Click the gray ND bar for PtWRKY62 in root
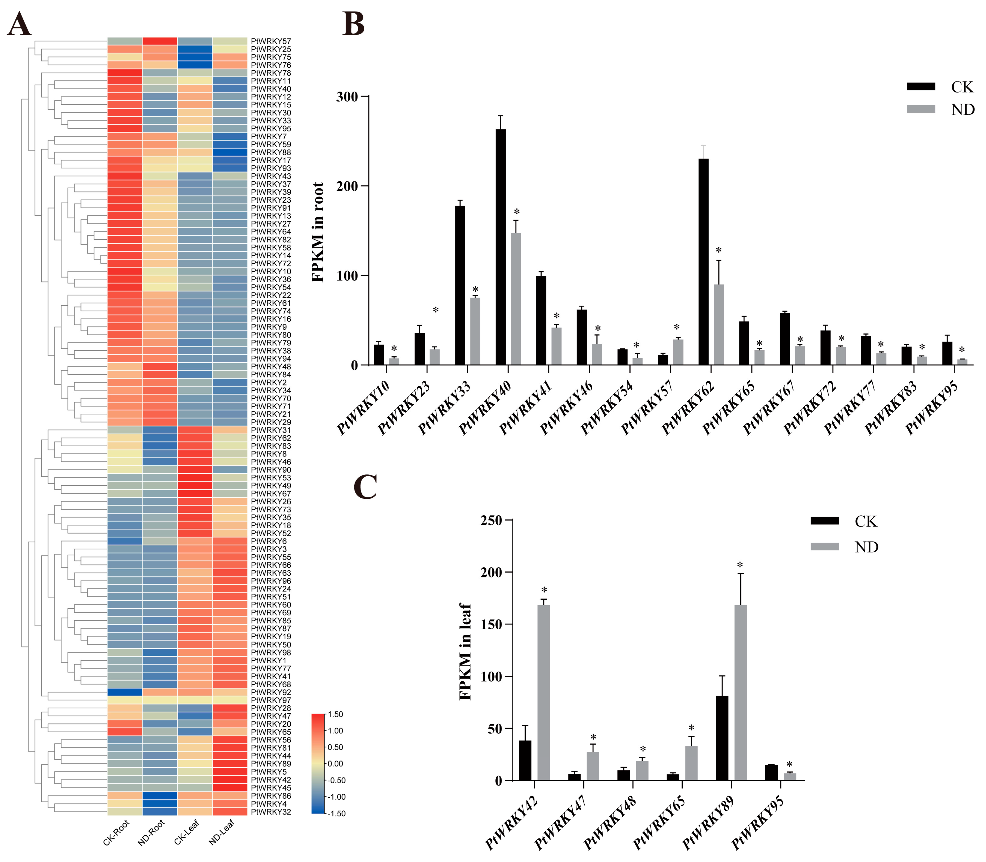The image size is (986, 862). point(718,325)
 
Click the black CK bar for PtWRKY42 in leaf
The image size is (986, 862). point(525,760)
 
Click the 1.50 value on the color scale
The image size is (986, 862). point(335,714)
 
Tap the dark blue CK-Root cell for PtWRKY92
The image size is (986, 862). point(125,692)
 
